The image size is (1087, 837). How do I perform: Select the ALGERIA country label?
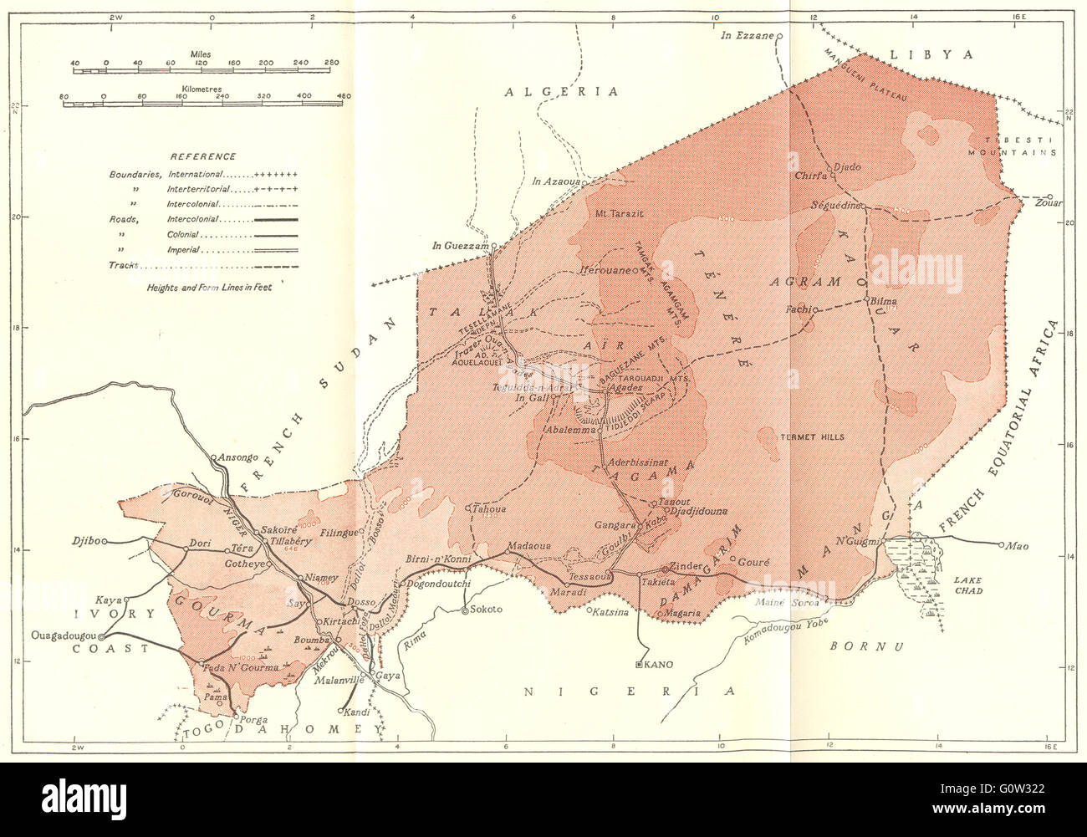(x=561, y=91)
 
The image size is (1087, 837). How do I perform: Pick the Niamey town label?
(x=321, y=577)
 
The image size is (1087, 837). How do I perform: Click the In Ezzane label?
(x=749, y=36)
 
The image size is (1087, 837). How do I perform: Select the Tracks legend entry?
(x=124, y=265)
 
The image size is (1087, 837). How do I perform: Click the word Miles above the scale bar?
(x=200, y=54)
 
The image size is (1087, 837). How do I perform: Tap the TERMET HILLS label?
(x=811, y=437)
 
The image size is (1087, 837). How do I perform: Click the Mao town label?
(x=1017, y=547)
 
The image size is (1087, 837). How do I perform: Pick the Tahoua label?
(x=490, y=508)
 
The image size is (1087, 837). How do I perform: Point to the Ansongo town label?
(x=237, y=457)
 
